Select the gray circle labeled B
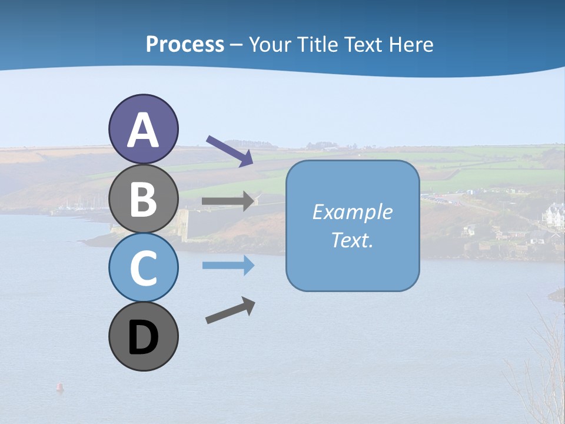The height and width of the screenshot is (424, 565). coord(143,198)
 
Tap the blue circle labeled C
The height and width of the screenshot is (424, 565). coord(143,267)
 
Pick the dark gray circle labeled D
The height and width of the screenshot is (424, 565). coord(143,336)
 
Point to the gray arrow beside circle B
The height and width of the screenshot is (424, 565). coord(228,201)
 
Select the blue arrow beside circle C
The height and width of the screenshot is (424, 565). coord(228,266)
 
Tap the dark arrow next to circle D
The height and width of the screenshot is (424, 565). coord(230,310)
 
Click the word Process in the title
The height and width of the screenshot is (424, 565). coord(185,45)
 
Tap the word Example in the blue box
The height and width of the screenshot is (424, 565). coord(352,212)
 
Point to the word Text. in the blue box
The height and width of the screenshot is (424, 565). coord(352,240)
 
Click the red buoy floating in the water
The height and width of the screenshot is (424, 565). coord(59,387)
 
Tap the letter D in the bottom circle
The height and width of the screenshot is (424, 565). coord(143,337)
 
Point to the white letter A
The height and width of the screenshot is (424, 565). coord(143,130)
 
